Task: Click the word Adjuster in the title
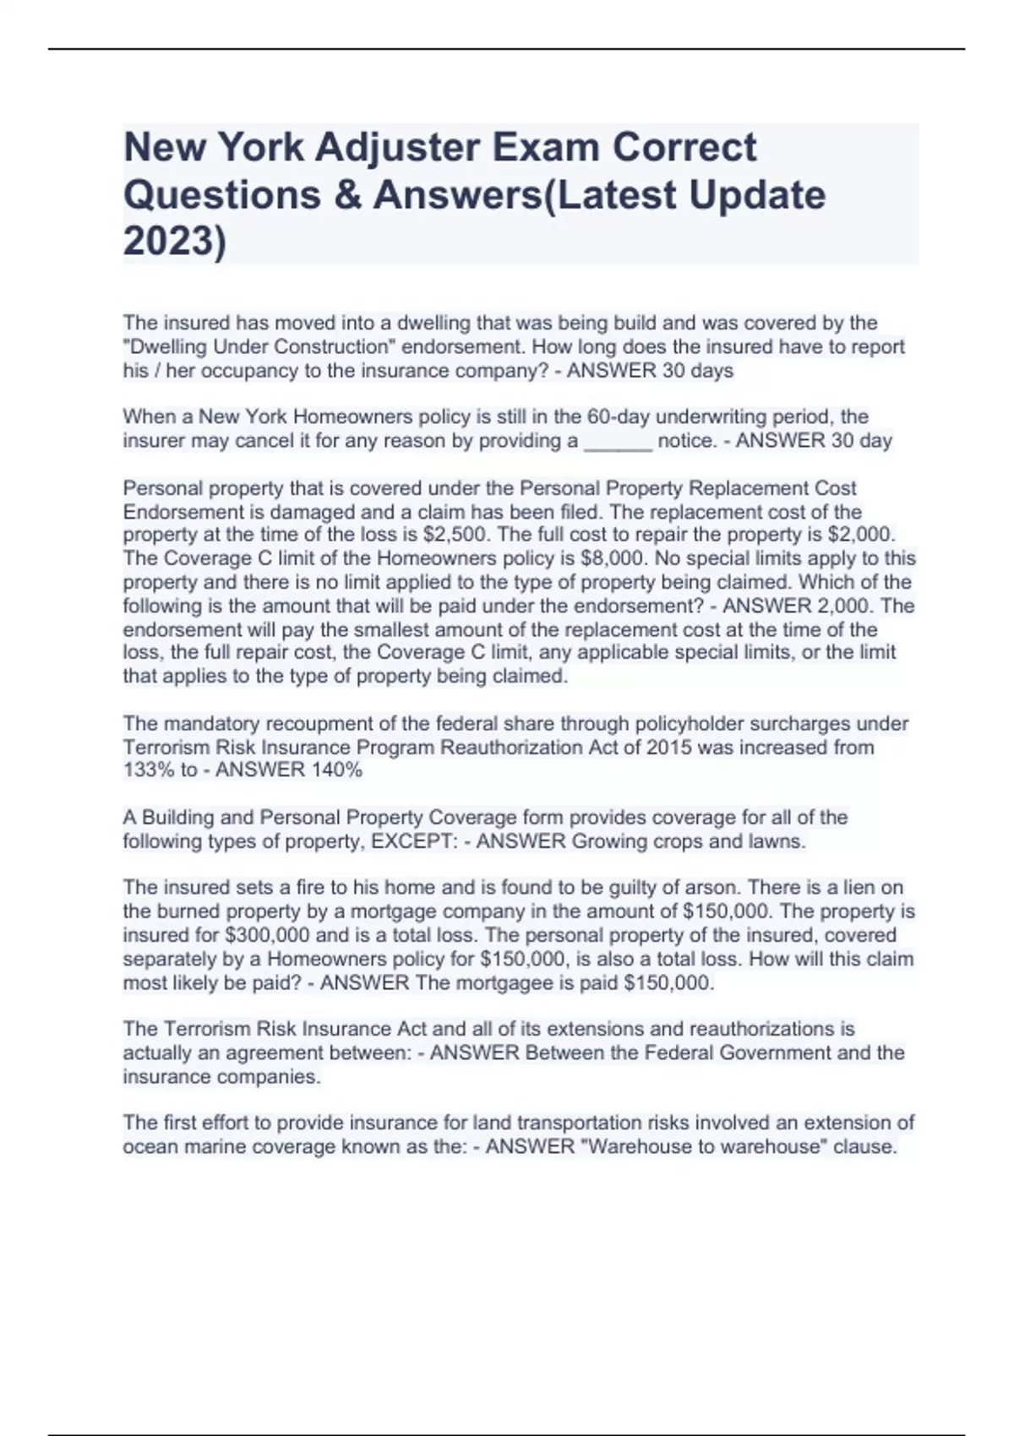click(x=398, y=148)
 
